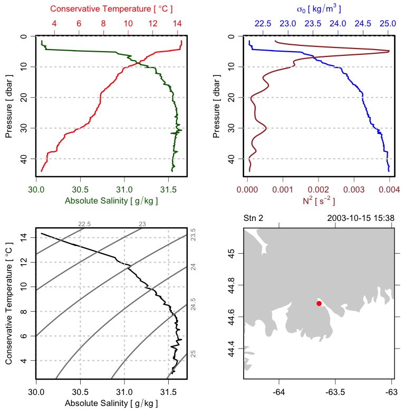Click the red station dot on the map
[x=319, y=303]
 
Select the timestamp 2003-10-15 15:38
[x=360, y=218]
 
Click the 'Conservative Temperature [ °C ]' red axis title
[x=111, y=9]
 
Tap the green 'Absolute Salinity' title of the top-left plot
[x=111, y=201]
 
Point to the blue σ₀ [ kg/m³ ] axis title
[x=319, y=9]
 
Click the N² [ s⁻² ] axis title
[x=319, y=201]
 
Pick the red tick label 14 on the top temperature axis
[x=177, y=24]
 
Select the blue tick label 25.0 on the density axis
[x=388, y=24]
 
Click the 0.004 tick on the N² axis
[x=389, y=187]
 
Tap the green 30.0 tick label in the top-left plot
[x=36, y=187]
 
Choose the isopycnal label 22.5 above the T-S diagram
[x=84, y=224]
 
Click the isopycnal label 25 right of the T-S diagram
[x=193, y=353]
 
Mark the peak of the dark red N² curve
[x=389, y=51]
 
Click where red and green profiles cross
[x=138, y=63]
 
